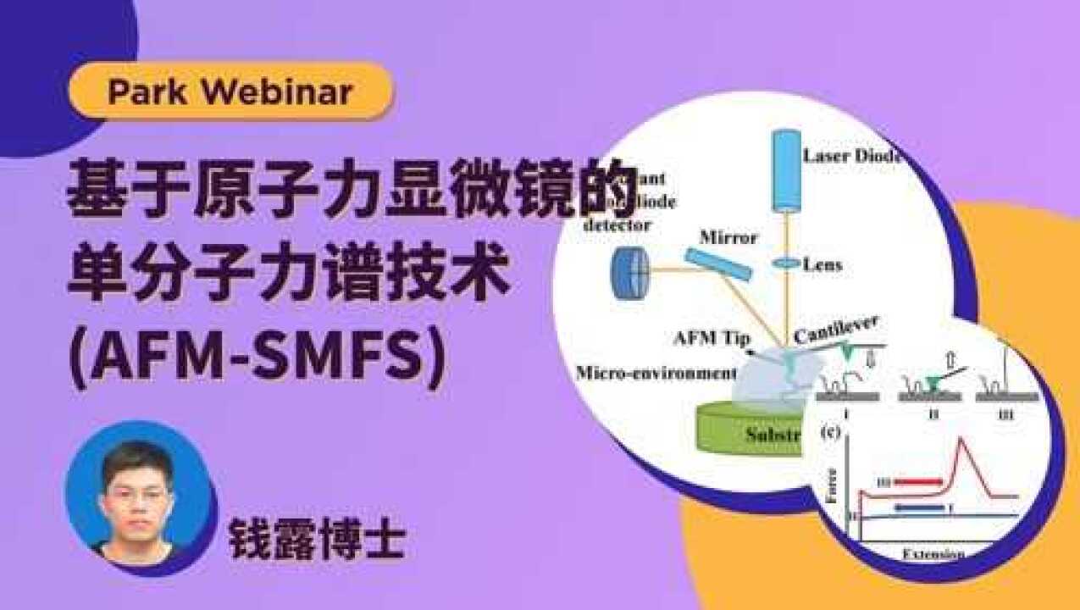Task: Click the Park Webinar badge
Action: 230,91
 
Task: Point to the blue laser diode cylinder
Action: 787,169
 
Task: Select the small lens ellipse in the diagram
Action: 786,264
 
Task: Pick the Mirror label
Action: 728,237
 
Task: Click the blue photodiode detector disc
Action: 629,274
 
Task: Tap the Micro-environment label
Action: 655,373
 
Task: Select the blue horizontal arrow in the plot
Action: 919,508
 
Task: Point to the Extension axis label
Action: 932,554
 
